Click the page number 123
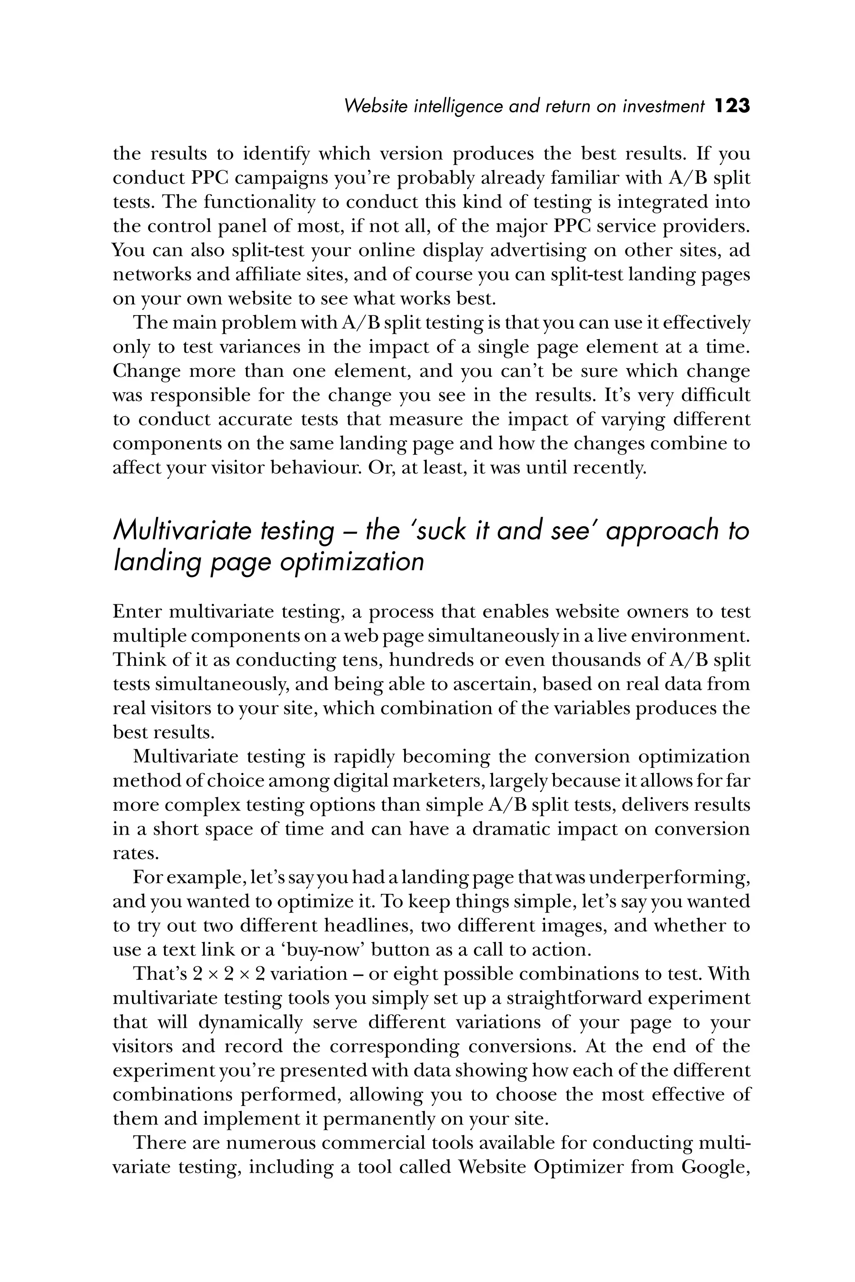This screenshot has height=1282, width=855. tap(732, 106)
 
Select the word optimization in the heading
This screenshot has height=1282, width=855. tap(352, 561)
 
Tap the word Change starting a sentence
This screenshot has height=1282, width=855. tap(146, 371)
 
